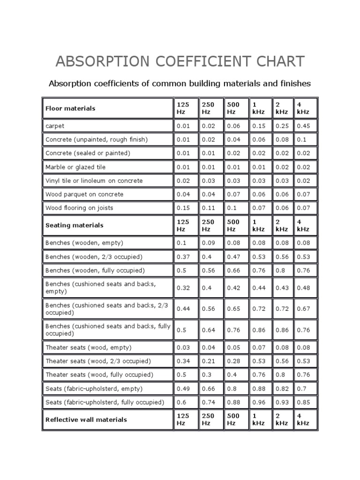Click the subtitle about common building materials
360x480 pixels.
(180, 83)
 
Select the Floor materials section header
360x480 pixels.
(70, 108)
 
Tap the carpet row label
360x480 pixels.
(55, 126)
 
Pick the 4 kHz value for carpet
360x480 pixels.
(303, 126)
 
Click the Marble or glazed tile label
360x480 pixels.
(75, 167)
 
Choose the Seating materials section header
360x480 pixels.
(74, 225)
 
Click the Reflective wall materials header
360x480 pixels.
(86, 420)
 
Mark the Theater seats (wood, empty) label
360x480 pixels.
(88, 347)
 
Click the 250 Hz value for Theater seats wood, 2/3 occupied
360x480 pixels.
(208, 361)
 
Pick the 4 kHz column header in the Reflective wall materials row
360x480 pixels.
(302, 420)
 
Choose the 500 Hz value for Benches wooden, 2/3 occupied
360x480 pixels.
(233, 257)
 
